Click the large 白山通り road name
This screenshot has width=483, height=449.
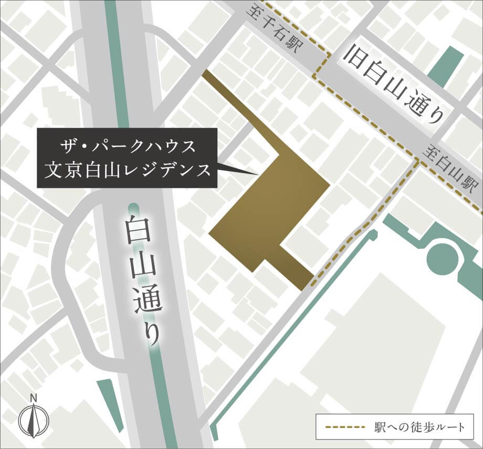pyautogui.click(x=141, y=278)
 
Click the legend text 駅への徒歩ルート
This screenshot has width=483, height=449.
pyautogui.click(x=420, y=426)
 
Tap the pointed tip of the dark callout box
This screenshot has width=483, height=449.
pyautogui.click(x=257, y=175)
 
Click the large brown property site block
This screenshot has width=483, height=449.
pyautogui.click(x=273, y=210)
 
